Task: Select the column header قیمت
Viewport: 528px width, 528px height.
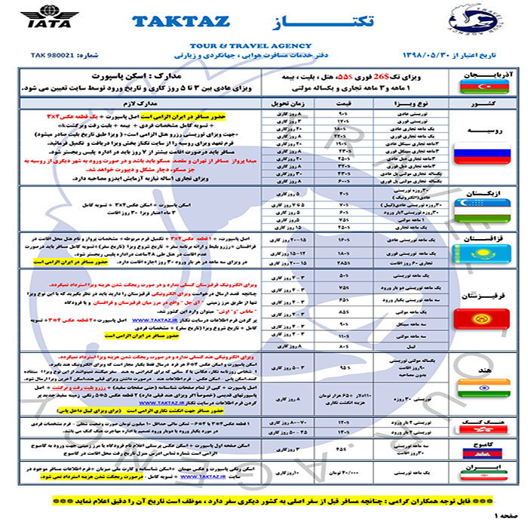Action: (x=344, y=101)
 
